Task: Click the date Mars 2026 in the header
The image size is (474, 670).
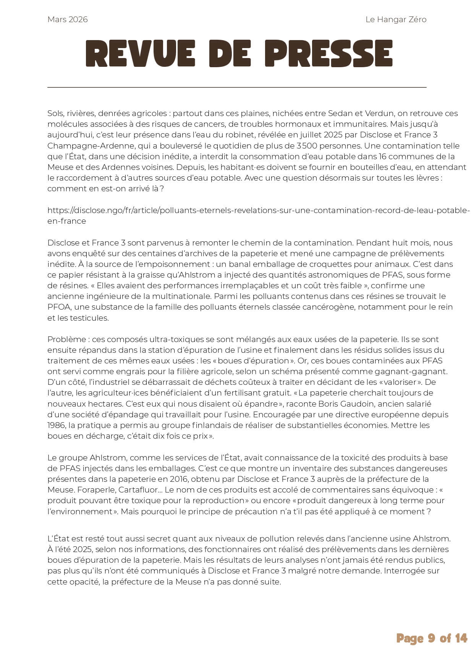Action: tap(68, 19)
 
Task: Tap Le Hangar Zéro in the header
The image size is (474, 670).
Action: tap(396, 19)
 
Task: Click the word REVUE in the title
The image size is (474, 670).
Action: tap(141, 53)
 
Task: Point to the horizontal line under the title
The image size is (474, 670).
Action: tap(237, 87)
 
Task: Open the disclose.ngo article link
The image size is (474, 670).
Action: tap(258, 210)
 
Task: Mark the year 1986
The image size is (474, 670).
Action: tap(56, 425)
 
